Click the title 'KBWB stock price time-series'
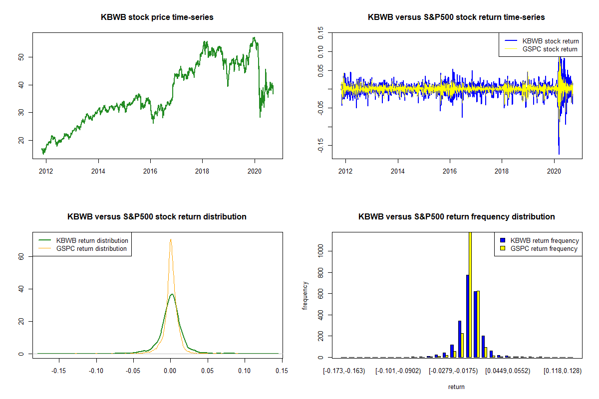point(157,17)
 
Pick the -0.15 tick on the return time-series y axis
point(320,145)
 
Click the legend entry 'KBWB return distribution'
point(92,240)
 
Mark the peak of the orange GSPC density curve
point(171,239)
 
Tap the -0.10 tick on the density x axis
point(96,371)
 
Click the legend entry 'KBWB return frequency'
point(545,240)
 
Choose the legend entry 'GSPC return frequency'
point(544,248)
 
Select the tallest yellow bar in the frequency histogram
point(470,294)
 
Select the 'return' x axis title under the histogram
point(456,387)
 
